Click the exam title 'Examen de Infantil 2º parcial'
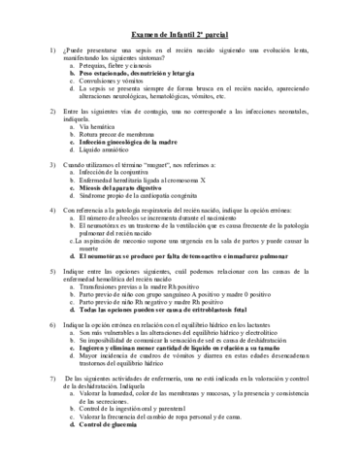(x=180, y=33)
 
